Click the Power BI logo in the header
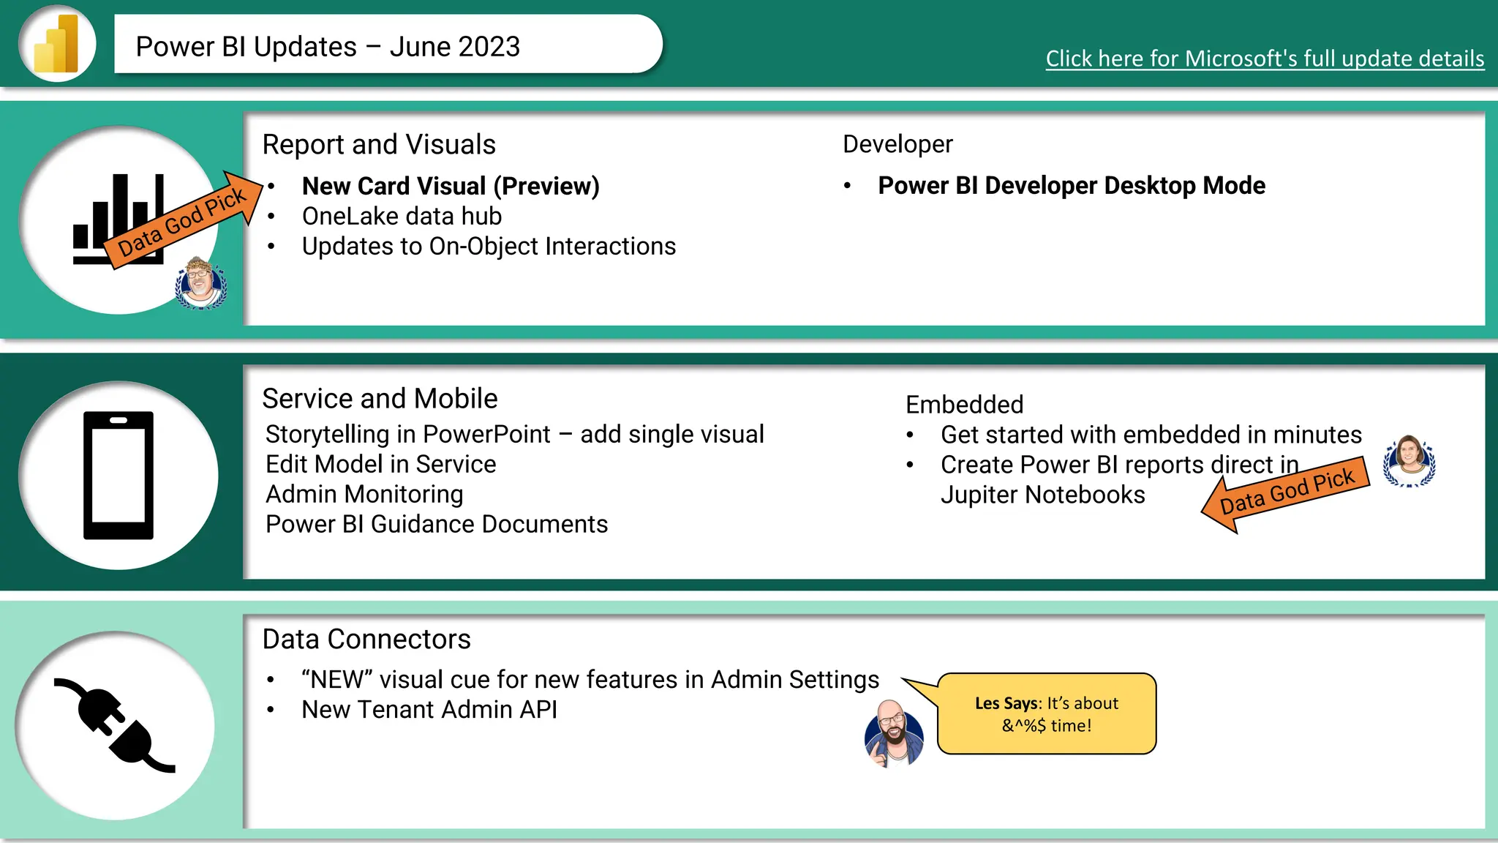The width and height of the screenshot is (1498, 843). [x=56, y=44]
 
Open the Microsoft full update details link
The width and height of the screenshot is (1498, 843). [x=1264, y=59]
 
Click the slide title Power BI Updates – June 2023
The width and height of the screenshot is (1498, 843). [x=328, y=47]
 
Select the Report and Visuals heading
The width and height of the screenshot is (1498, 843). [x=379, y=144]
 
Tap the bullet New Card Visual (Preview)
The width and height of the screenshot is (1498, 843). [x=451, y=186]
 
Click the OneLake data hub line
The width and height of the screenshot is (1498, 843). [x=402, y=216]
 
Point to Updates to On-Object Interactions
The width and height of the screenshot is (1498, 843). [x=489, y=247]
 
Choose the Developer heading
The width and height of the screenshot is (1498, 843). [x=897, y=144]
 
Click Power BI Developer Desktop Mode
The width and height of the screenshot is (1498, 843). [x=1071, y=186]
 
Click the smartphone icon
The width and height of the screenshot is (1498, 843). [x=118, y=475]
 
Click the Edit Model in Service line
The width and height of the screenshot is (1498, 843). [x=380, y=464]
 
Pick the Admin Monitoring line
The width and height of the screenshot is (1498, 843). [x=364, y=494]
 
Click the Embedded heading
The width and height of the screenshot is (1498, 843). [x=964, y=405]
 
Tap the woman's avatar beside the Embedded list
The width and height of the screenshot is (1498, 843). [x=1409, y=461]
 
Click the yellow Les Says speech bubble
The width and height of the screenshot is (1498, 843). [x=1047, y=713]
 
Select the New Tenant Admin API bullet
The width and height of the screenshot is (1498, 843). [x=429, y=709]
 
